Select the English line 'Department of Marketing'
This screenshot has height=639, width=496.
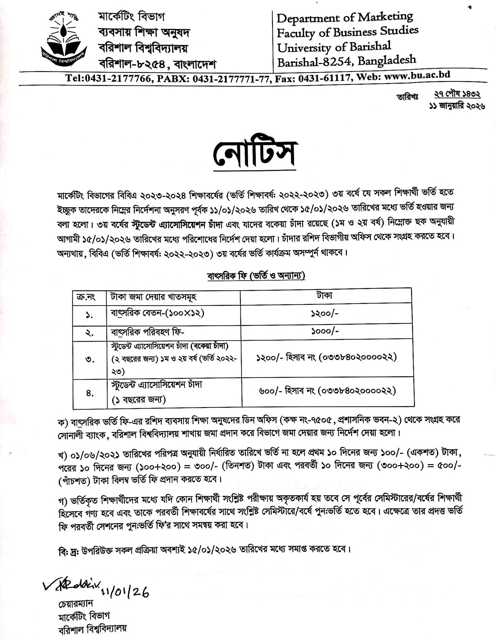point(345,17)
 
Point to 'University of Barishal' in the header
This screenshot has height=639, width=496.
point(334,47)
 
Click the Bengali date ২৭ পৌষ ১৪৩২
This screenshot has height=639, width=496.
point(457,94)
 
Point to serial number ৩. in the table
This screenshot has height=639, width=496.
point(90,359)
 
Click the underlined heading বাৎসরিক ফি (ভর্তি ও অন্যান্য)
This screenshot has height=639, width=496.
point(256,276)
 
